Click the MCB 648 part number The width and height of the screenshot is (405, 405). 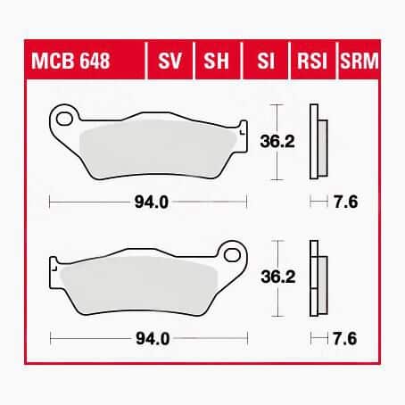[x=70, y=61]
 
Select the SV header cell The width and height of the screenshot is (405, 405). [x=169, y=61]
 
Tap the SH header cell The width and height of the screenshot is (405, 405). [x=217, y=61]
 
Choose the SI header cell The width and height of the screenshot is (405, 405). [x=265, y=61]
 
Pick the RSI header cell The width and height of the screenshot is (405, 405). [x=312, y=61]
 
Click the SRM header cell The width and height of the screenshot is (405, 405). [x=359, y=61]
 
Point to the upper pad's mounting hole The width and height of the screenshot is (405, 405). [x=64, y=119]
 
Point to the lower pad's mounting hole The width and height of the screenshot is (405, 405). [x=232, y=255]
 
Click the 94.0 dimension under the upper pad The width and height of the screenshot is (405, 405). [x=152, y=202]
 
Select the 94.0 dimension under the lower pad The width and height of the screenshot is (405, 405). [x=153, y=339]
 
